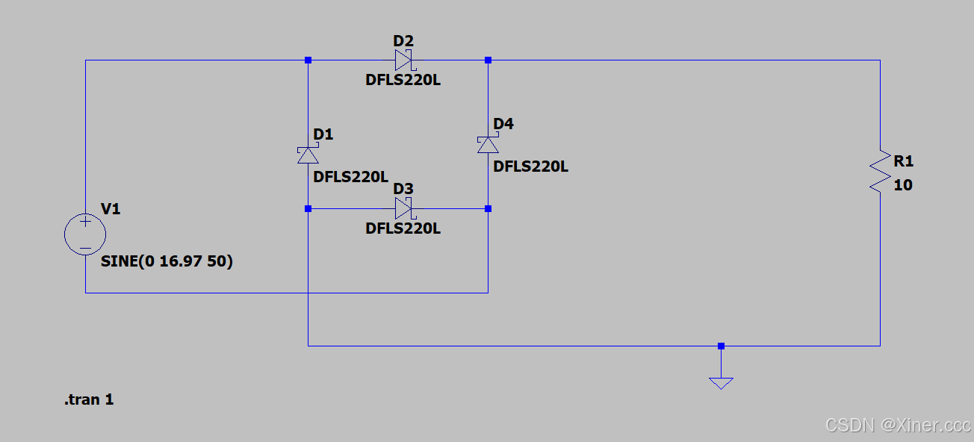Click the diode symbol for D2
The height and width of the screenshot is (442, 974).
tap(404, 60)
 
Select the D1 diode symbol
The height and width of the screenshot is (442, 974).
tap(308, 155)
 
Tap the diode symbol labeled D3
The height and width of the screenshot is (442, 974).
tap(404, 208)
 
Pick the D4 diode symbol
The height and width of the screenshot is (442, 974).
tap(488, 144)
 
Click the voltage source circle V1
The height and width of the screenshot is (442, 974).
tap(85, 234)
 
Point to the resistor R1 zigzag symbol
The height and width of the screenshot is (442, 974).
tap(880, 172)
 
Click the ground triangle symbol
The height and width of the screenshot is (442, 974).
tap(721, 382)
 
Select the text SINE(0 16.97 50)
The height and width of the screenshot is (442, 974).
tap(167, 262)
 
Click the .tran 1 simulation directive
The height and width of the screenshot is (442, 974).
tap(89, 399)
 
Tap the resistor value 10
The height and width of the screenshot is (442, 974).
tap(903, 185)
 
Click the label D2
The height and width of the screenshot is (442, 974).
tap(403, 40)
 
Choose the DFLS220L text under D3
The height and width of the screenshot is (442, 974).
tap(403, 228)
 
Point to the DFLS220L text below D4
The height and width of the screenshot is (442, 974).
tap(531, 166)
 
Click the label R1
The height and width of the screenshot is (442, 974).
tap(904, 161)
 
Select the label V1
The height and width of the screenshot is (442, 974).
tap(111, 209)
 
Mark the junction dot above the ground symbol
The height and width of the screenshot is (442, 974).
tap(721, 346)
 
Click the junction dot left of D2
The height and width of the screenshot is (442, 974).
tap(308, 60)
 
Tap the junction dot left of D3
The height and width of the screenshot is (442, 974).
tap(308, 208)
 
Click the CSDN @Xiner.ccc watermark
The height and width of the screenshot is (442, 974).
tap(897, 425)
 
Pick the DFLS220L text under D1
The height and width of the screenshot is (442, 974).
tap(350, 177)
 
